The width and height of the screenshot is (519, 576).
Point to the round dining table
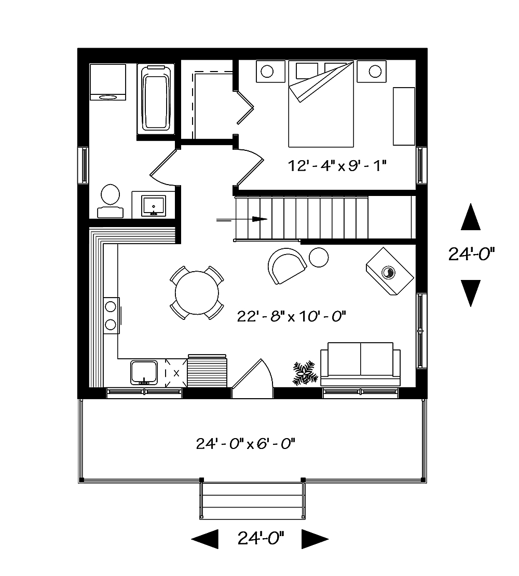(x=197, y=292)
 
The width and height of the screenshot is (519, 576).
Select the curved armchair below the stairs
(x=286, y=265)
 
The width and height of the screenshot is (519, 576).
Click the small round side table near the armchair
(x=319, y=257)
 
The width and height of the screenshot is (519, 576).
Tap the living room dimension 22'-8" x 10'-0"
(x=291, y=315)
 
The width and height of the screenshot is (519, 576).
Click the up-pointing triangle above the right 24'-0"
(x=471, y=217)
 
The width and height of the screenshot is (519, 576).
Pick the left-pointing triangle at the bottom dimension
(x=205, y=539)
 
